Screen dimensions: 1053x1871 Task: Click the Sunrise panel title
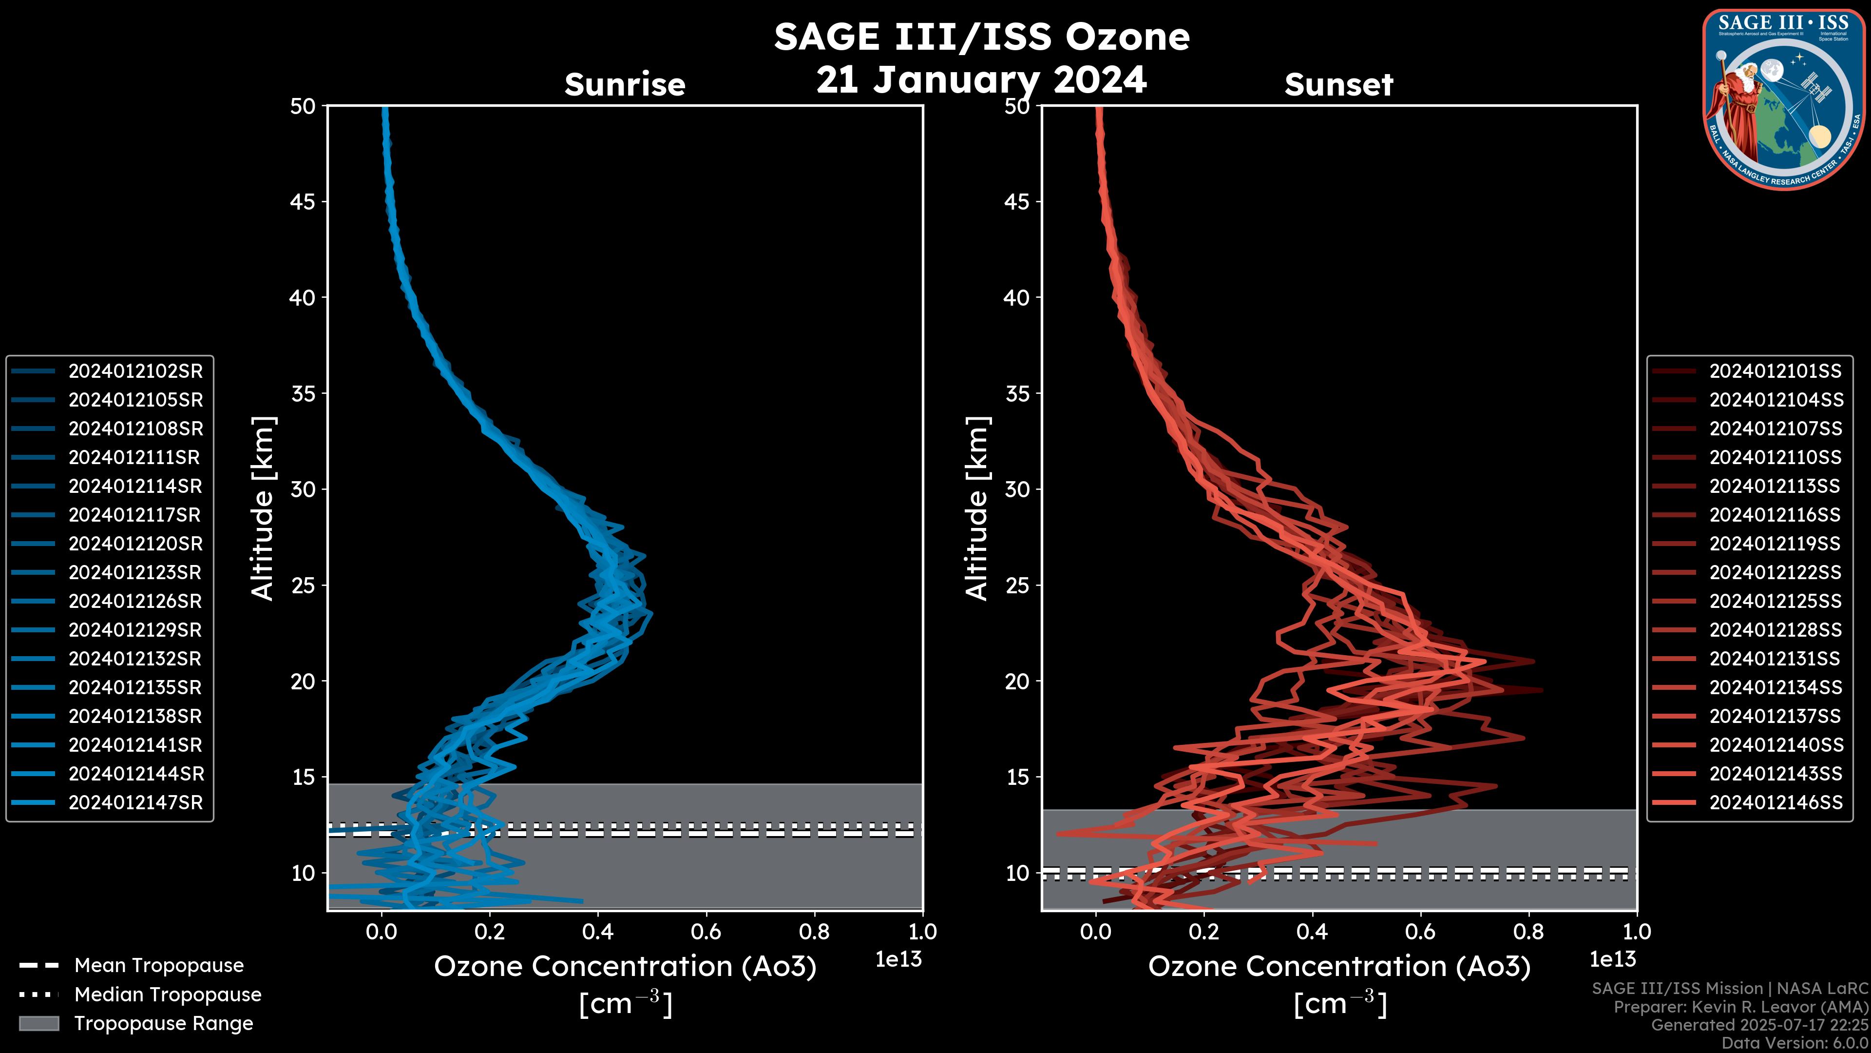coord(625,85)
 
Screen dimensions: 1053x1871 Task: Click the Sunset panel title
coord(1338,85)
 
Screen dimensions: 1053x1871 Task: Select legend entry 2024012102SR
coord(135,371)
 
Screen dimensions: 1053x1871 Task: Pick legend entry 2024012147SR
coord(135,803)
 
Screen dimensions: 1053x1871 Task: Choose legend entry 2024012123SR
coord(134,573)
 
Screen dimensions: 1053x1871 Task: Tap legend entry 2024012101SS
coord(1775,371)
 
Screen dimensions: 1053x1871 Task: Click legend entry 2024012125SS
coord(1775,602)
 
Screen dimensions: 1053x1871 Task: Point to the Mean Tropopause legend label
coord(159,966)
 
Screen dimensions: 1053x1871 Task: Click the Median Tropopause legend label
coord(168,995)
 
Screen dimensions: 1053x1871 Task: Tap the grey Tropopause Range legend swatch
coord(38,1024)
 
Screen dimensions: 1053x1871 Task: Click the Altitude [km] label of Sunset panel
coord(977,508)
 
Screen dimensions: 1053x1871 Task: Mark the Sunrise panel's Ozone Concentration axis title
coord(625,967)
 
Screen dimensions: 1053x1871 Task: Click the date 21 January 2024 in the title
coord(981,80)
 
